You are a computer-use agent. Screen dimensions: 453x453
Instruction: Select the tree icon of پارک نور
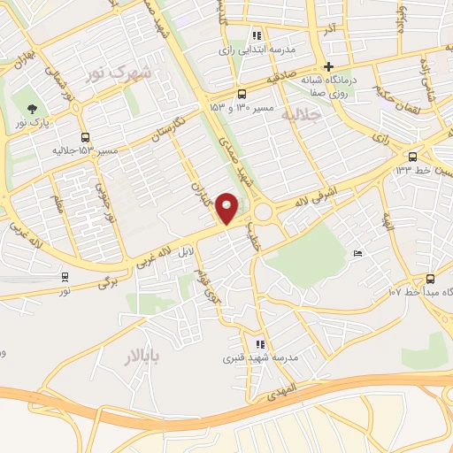point(33,109)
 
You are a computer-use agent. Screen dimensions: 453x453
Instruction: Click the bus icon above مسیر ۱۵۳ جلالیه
point(85,137)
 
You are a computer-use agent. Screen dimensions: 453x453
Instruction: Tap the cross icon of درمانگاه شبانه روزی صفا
point(328,65)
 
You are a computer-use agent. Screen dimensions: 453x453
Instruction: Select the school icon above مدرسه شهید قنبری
point(259,344)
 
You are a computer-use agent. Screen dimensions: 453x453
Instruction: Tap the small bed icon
point(357,255)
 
